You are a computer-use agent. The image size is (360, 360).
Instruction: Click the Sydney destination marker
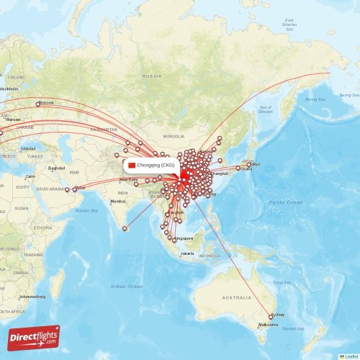(271, 316)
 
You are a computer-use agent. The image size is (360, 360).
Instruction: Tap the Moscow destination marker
(38, 104)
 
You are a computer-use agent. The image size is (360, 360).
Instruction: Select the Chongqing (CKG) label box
(150, 165)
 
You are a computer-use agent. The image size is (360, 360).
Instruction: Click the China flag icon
(132, 165)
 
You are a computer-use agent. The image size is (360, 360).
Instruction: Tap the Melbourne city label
(269, 325)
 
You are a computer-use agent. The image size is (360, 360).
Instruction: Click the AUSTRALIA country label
(236, 297)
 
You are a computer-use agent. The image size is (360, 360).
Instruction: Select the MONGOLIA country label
(174, 136)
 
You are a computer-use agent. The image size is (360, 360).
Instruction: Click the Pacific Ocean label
(285, 203)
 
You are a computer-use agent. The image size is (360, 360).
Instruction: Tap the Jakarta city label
(187, 253)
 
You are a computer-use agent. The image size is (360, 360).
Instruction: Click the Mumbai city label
(117, 201)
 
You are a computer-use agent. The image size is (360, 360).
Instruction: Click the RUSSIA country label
(151, 76)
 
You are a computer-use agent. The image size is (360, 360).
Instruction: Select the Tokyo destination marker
(249, 165)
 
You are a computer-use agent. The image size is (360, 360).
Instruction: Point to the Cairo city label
(30, 176)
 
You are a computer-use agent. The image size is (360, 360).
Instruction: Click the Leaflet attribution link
(351, 356)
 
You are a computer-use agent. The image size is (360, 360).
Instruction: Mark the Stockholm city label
(9, 89)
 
